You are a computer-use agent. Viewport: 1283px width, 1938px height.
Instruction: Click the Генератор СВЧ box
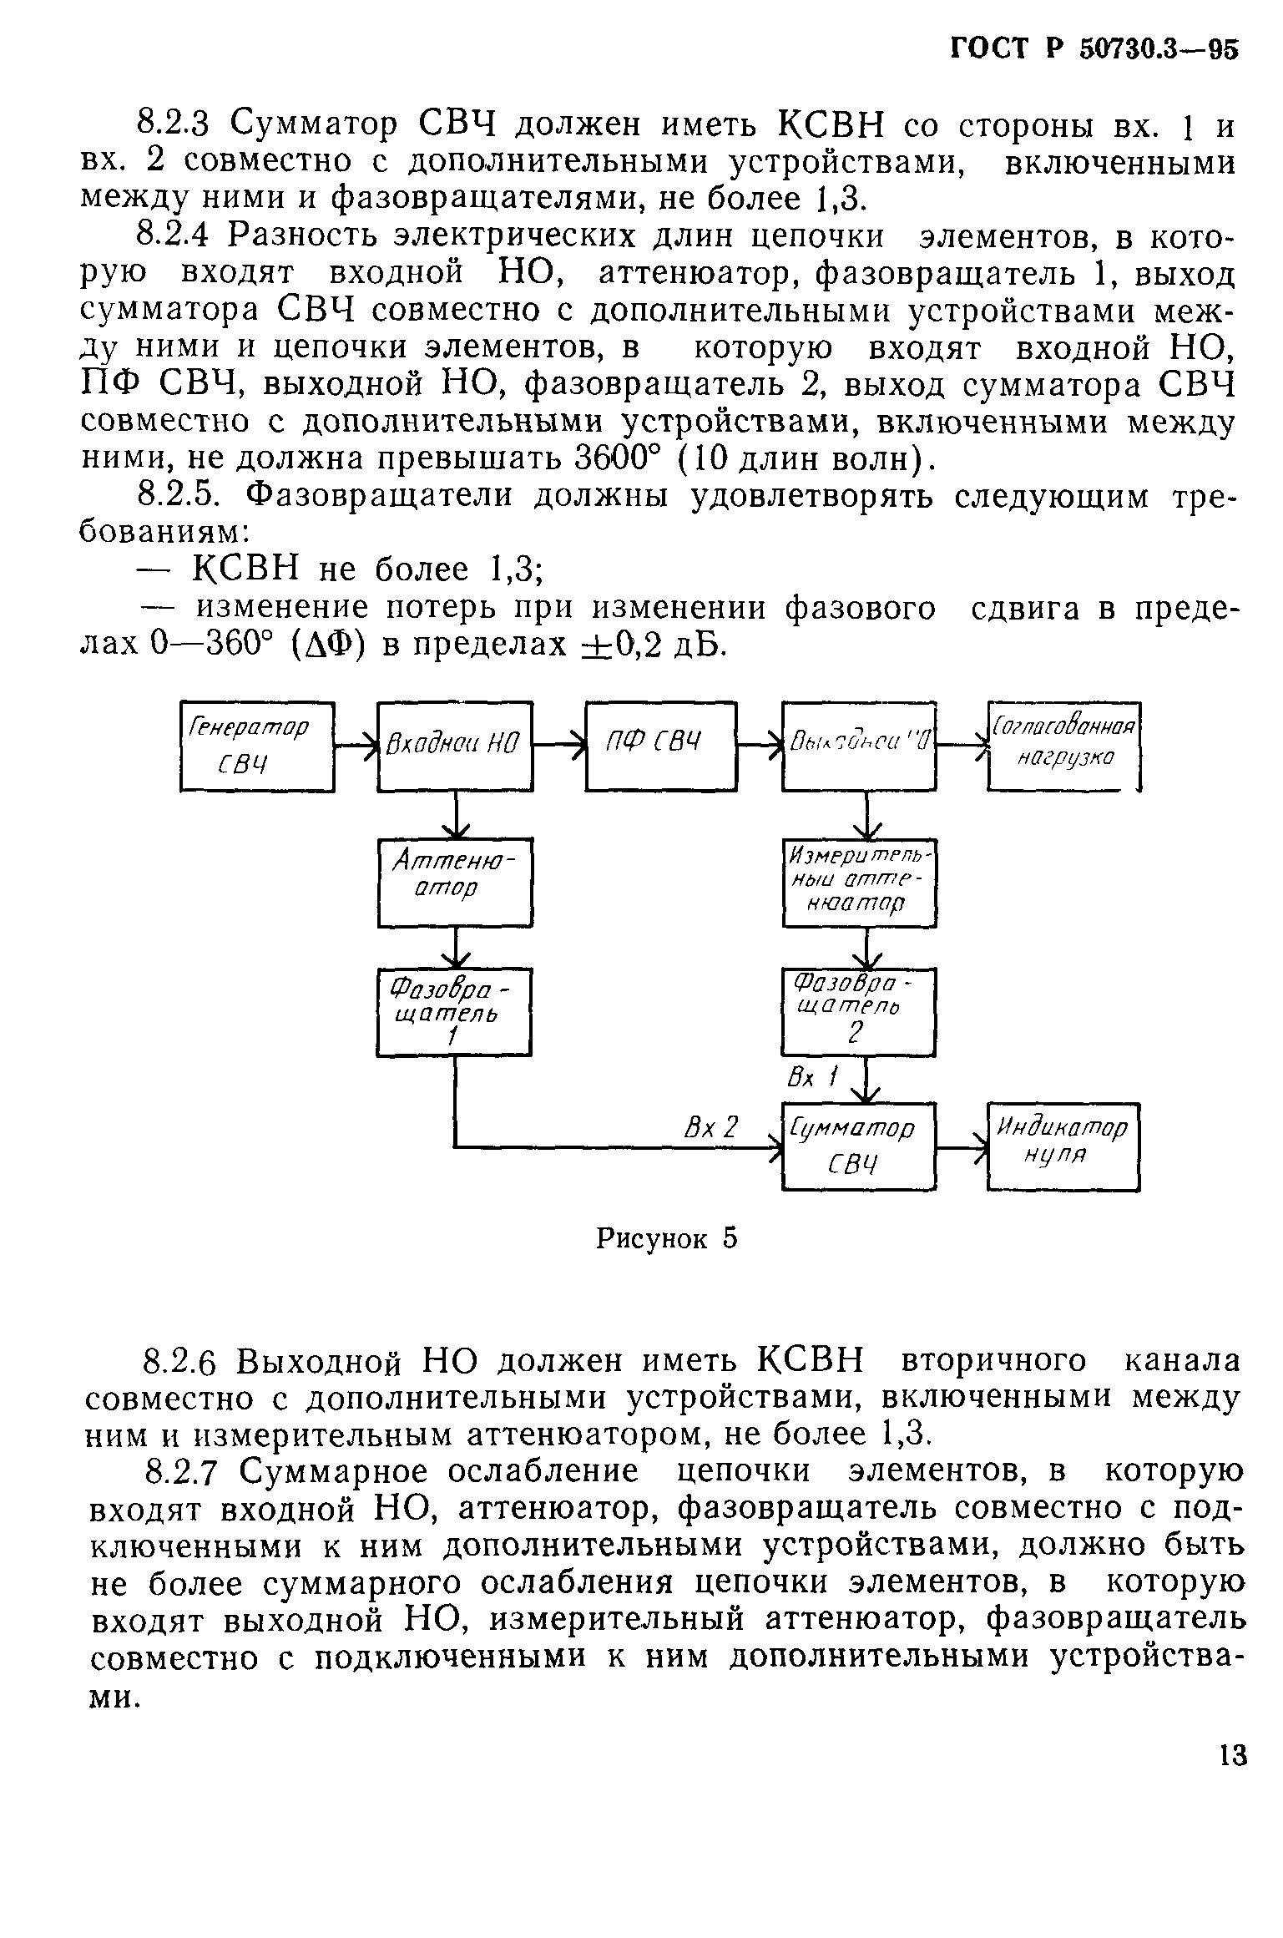(257, 746)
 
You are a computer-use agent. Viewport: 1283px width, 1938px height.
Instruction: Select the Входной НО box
(455, 746)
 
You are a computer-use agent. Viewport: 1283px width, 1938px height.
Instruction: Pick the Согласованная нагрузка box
(1063, 746)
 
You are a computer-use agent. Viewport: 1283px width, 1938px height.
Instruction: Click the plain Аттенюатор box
(455, 883)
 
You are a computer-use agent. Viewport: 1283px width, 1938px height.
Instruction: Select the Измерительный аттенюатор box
(859, 883)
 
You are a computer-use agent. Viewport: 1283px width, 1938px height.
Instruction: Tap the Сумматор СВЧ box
(859, 1146)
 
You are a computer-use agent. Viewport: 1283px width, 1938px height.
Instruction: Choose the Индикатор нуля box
(1063, 1146)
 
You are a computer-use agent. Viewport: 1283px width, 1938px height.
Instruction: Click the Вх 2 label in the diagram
(711, 1128)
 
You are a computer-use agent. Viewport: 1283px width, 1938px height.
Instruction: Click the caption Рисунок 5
(666, 1237)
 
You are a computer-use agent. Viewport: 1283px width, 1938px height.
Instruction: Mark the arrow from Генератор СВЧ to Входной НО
(356, 746)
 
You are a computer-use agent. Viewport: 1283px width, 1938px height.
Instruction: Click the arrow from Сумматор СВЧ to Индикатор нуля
(962, 1146)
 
